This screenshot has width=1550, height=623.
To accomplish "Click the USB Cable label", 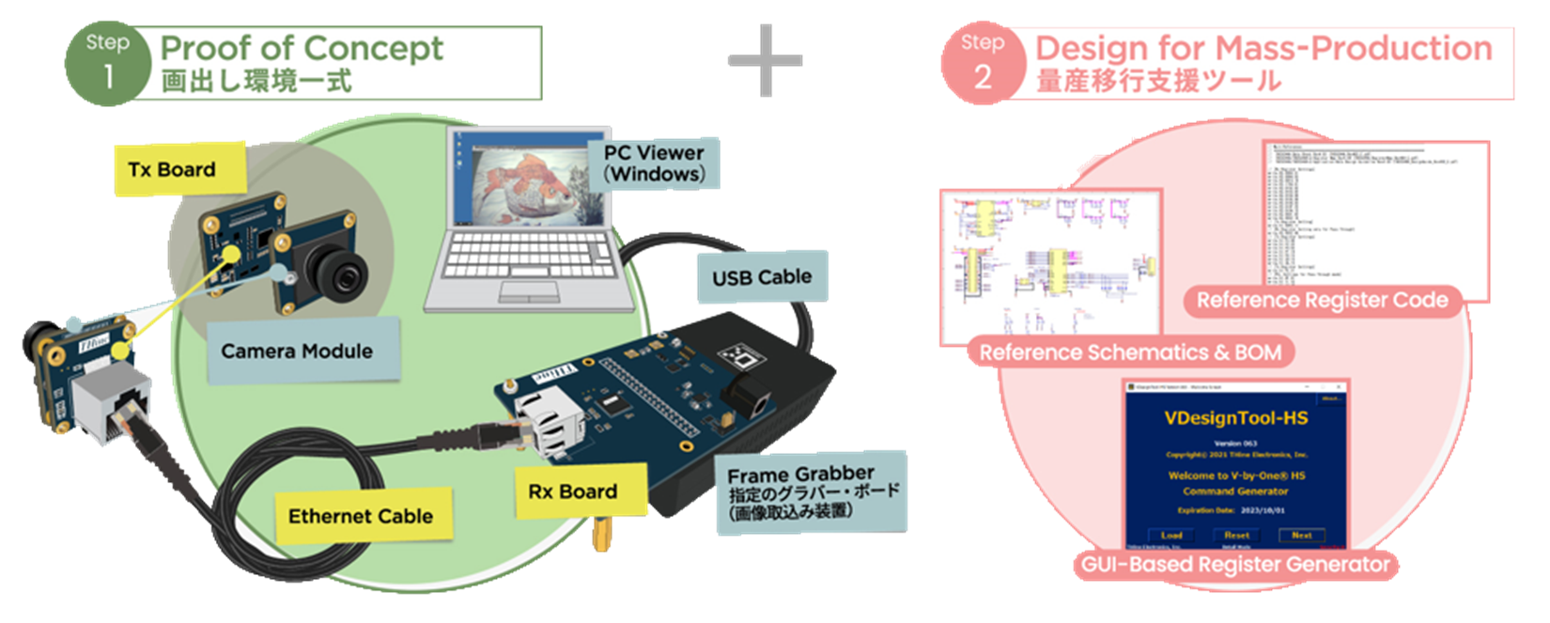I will [762, 277].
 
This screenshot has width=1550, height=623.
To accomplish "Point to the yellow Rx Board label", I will [573, 491].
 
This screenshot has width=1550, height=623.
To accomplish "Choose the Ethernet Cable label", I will [361, 516].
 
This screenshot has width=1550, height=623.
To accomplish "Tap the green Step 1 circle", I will [107, 63].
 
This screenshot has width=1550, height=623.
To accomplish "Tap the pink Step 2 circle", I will [983, 63].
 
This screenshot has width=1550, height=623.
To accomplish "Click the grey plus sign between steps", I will [766, 60].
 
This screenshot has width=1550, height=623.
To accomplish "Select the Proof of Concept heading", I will [302, 48].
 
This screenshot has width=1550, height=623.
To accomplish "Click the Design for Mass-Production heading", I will [1263, 48].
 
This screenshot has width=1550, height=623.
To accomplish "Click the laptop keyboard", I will [520, 258].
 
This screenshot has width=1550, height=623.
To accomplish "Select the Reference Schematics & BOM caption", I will [1130, 352].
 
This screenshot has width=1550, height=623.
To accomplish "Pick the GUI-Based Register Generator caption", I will [1235, 565].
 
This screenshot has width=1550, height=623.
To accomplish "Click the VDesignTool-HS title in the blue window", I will [1235, 419].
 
